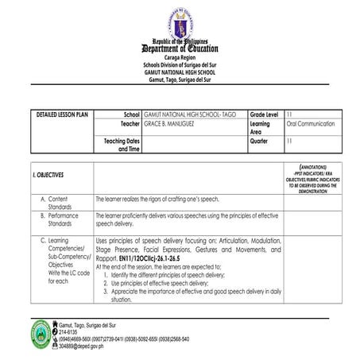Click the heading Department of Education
pyautogui.click(x=180, y=48)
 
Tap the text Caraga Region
pyautogui.click(x=180, y=59)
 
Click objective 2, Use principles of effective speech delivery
pyautogui.click(x=160, y=282)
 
